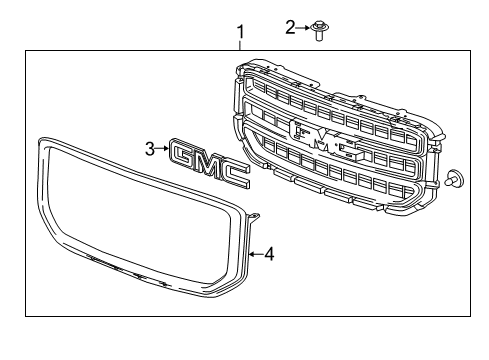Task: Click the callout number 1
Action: point(239,34)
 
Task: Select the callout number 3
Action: point(149,149)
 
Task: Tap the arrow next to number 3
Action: point(162,150)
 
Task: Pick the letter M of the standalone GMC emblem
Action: point(211,165)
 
